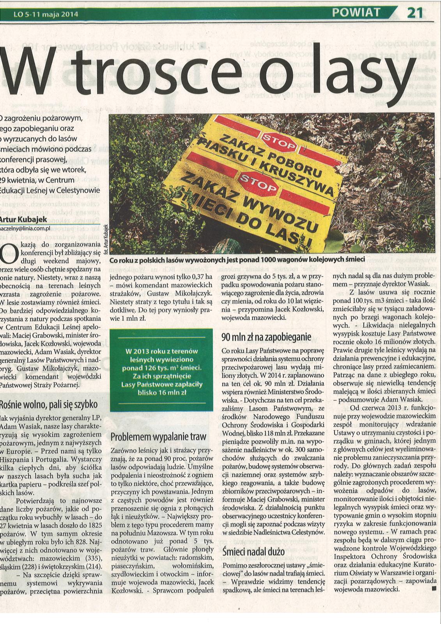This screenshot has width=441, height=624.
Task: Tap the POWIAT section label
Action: [356, 12]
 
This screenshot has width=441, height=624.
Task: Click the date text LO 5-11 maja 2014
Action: [46, 15]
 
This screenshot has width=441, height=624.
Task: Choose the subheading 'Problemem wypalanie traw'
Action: [158, 437]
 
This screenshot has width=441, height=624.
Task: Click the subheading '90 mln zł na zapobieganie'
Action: [266, 336]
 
